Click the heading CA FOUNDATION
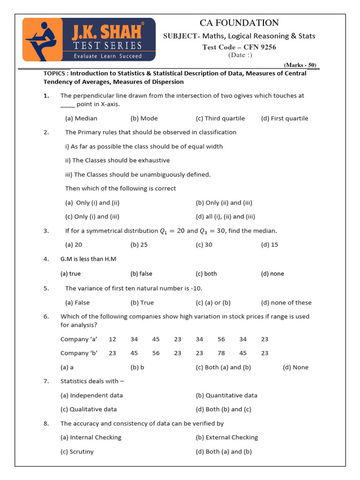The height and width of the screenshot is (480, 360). click(x=239, y=23)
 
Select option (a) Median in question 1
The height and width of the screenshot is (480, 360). click(x=81, y=119)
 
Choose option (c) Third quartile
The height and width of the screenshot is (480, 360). click(x=220, y=119)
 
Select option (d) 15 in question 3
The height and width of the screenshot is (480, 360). click(x=270, y=245)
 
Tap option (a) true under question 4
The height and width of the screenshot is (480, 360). click(x=71, y=274)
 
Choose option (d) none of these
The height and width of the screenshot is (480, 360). click(x=286, y=303)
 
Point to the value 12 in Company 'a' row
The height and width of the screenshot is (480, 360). click(x=112, y=339)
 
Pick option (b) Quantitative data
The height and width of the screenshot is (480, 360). click(x=226, y=396)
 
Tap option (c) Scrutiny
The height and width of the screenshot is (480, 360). click(x=77, y=452)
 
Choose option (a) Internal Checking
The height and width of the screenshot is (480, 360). click(x=91, y=438)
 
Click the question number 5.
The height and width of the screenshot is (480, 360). click(x=46, y=289)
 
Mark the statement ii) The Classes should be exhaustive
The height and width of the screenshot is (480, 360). click(x=117, y=160)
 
